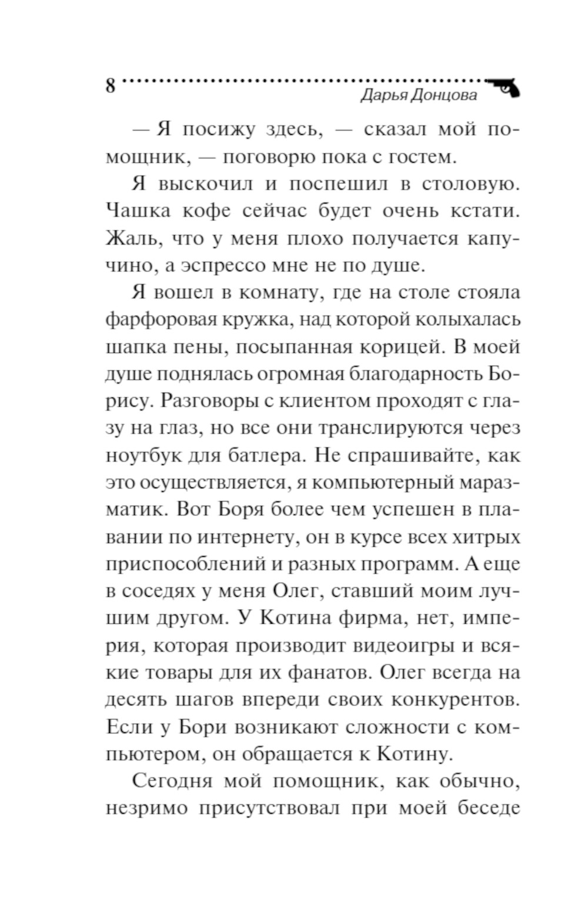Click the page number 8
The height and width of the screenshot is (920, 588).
tap(111, 86)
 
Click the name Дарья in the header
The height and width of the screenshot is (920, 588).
tap(383, 95)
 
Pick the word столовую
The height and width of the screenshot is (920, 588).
tap(471, 184)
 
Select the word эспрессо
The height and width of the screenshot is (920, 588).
tap(223, 266)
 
